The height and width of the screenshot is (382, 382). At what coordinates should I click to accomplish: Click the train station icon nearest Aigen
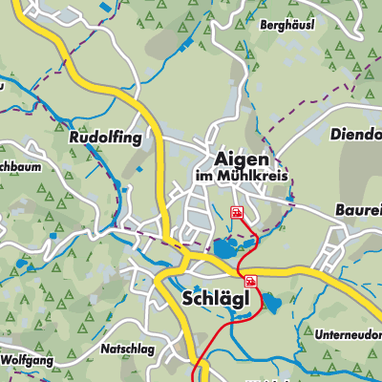click(236, 213)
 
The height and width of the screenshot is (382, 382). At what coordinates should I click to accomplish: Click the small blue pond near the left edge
click(21, 262)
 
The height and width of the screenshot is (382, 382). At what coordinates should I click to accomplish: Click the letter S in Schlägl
click(186, 299)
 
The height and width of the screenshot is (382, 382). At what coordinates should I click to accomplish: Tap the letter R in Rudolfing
click(74, 138)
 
